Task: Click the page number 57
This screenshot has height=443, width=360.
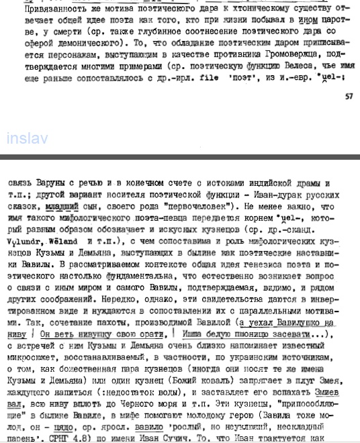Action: [x=348, y=96]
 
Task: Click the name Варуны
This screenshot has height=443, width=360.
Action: [x=50, y=183]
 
